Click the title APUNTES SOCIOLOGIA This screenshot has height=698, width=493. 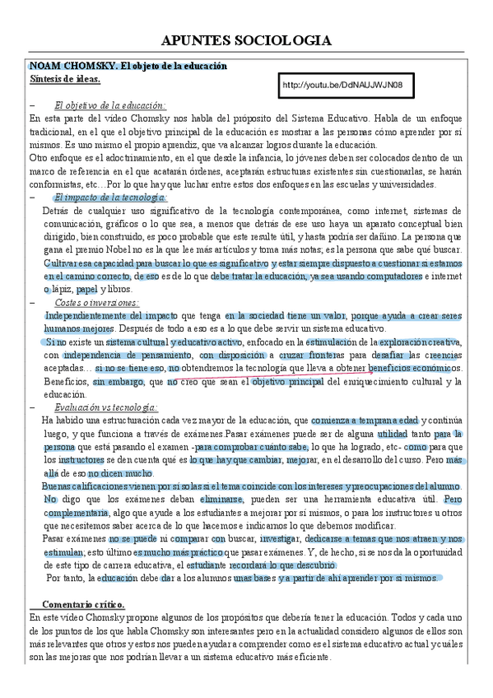point(247,40)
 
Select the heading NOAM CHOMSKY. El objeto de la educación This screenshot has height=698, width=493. point(128,66)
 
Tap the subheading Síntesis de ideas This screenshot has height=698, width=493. point(65,79)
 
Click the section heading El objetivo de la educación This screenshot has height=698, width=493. point(110,105)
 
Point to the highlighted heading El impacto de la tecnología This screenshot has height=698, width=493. point(110,198)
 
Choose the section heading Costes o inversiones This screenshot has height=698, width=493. point(97,302)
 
